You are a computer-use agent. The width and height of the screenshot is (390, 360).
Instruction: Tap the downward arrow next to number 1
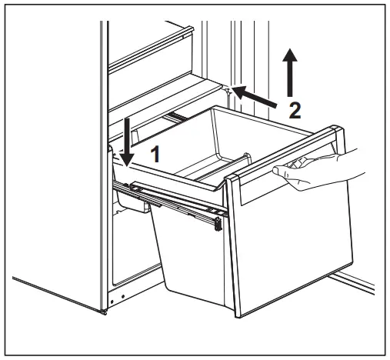pos(127,142)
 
